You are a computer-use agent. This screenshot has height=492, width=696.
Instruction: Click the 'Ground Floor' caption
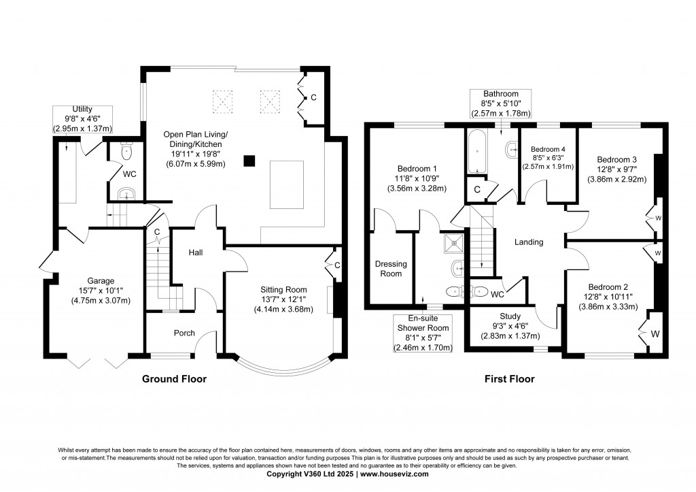[173, 379]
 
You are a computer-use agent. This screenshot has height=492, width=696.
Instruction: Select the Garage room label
[100, 280]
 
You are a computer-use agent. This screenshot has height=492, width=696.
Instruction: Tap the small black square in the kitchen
[250, 161]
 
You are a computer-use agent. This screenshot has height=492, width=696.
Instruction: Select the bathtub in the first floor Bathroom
[475, 151]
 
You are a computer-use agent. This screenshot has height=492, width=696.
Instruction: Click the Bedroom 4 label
[548, 150]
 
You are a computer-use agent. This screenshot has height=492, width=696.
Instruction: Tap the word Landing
[529, 242]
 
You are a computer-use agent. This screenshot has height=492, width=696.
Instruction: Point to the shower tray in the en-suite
[453, 241]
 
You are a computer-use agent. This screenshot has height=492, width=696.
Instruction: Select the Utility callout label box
[82, 119]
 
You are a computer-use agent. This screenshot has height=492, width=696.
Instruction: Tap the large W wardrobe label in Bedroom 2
[656, 334]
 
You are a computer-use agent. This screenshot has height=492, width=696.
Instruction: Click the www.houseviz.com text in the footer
[394, 474]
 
